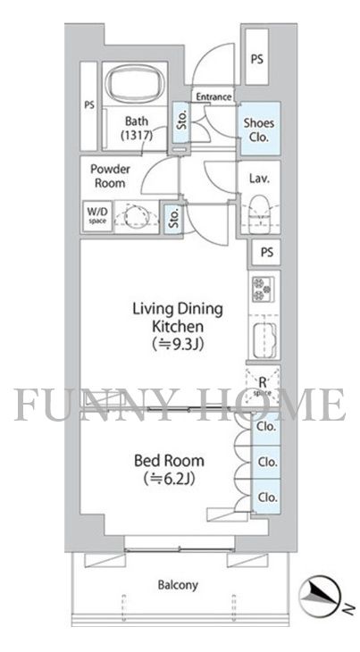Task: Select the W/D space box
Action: click(x=96, y=216)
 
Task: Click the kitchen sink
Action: click(x=264, y=339)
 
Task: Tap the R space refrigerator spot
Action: click(x=263, y=385)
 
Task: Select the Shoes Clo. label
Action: click(x=259, y=130)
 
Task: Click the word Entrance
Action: click(x=213, y=96)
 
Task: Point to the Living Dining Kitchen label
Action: click(x=178, y=317)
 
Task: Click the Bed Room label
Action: click(x=169, y=460)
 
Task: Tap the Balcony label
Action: click(x=178, y=585)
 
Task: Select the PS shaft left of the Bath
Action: click(x=88, y=106)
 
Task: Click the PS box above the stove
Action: click(x=266, y=252)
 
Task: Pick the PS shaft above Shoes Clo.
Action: click(x=257, y=57)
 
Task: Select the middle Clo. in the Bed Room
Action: click(x=267, y=462)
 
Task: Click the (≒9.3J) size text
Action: click(x=178, y=344)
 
